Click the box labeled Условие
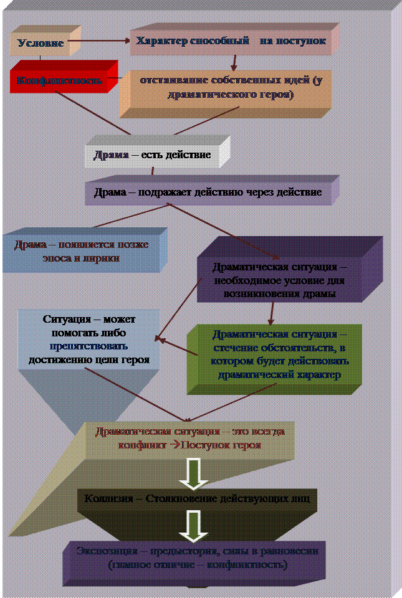click(41, 44)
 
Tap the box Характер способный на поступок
click(231, 42)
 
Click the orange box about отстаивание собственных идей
click(225, 88)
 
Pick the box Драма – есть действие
click(152, 155)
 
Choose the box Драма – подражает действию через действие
click(208, 192)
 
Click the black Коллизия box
click(197, 500)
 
